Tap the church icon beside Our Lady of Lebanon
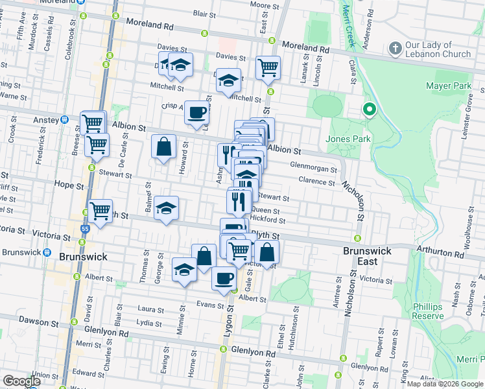click(394, 49)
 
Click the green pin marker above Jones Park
click(369, 110)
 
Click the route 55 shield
click(86, 229)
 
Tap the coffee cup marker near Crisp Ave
click(196, 112)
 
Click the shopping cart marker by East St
click(267, 67)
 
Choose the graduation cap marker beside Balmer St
click(167, 208)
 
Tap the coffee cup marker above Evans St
click(224, 278)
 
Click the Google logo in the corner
click(21, 381)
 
